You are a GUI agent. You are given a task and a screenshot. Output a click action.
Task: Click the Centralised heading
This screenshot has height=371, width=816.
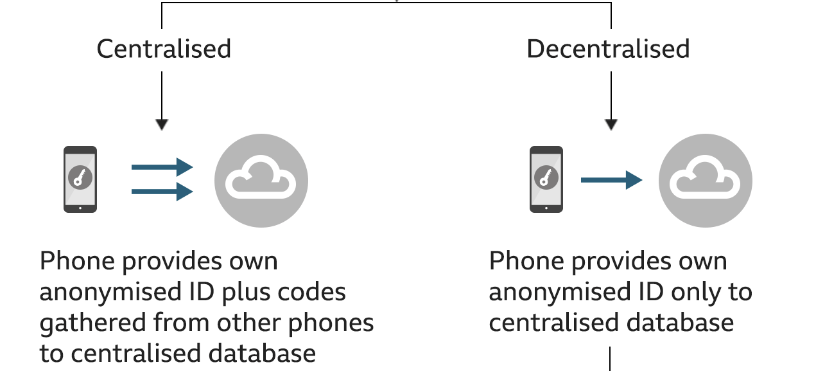click(164, 50)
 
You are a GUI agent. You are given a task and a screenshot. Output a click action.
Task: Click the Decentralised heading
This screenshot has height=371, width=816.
click(609, 50)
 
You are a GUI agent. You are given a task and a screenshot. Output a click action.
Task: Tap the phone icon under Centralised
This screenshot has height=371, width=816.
click(80, 179)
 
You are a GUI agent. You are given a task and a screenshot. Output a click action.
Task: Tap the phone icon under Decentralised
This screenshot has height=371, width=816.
click(546, 179)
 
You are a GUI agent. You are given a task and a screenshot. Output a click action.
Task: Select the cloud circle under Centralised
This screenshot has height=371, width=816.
click(261, 181)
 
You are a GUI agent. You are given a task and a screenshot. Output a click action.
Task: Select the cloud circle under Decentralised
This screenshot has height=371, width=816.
click(706, 181)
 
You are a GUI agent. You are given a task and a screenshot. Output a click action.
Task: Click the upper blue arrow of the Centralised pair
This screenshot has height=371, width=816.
click(162, 167)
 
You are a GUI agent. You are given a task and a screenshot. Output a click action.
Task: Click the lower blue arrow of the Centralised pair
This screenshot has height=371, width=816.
click(162, 192)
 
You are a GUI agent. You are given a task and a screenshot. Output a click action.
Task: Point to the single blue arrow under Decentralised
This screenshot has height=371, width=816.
click(612, 180)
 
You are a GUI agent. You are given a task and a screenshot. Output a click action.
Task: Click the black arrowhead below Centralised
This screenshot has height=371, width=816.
click(162, 124)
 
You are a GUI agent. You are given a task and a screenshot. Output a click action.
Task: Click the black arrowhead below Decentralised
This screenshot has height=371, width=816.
click(611, 124)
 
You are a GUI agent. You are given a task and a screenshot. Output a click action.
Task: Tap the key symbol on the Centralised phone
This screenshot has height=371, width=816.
click(80, 177)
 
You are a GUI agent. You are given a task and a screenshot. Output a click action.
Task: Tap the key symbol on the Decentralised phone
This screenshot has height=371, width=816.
click(546, 177)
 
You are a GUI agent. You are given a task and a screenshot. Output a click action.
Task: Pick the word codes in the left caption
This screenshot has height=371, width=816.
click(312, 292)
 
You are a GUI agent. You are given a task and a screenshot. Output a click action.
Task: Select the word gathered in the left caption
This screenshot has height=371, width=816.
click(93, 323)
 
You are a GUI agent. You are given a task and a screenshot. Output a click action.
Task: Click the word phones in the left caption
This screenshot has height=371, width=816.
click(331, 323)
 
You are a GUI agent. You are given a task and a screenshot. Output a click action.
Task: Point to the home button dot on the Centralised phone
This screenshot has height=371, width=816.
click(80, 208)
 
